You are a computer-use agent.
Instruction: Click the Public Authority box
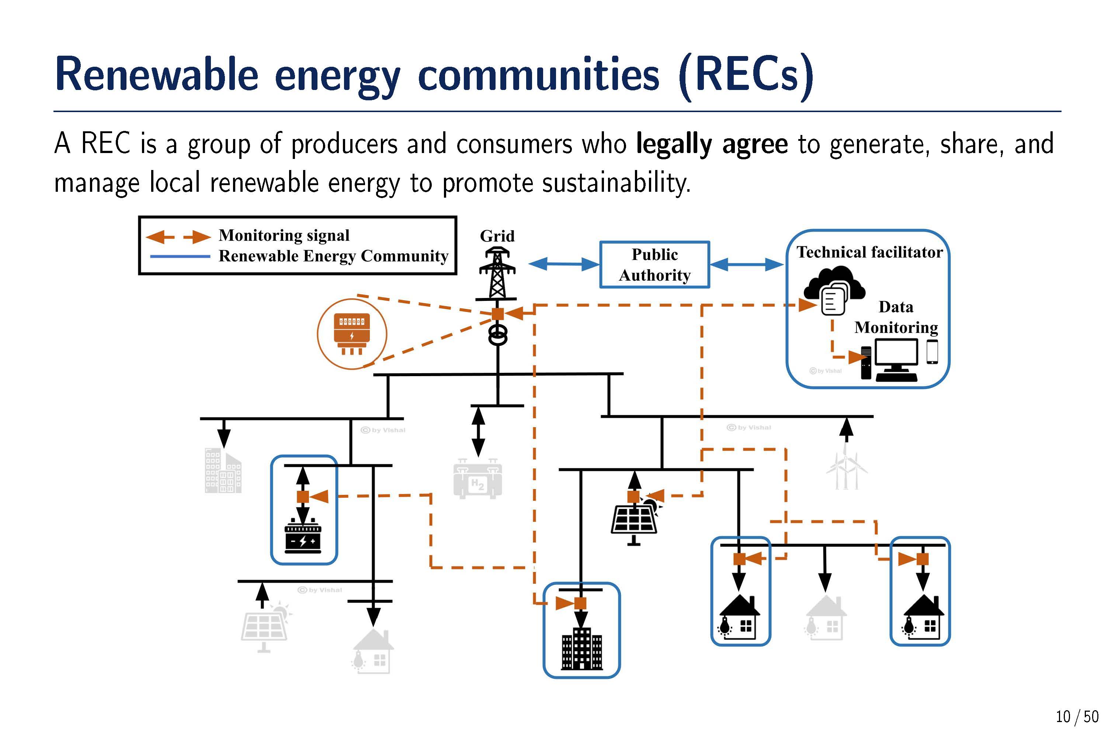click(654, 264)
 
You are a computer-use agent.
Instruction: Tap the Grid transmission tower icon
click(497, 274)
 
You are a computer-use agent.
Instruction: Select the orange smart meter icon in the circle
click(352, 334)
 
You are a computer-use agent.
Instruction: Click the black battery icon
click(303, 537)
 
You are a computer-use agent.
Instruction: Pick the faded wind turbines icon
click(847, 470)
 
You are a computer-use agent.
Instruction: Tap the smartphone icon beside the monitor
click(932, 351)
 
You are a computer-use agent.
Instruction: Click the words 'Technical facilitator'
click(869, 252)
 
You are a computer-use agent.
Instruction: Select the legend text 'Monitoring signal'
click(284, 235)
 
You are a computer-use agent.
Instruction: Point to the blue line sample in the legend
click(180, 256)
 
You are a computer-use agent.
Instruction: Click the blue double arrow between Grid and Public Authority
click(564, 264)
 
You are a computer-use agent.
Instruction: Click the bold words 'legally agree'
click(712, 144)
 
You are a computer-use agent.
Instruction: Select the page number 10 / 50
click(1077, 716)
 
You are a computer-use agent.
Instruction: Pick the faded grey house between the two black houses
click(826, 618)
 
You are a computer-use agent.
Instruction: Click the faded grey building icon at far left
click(223, 471)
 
